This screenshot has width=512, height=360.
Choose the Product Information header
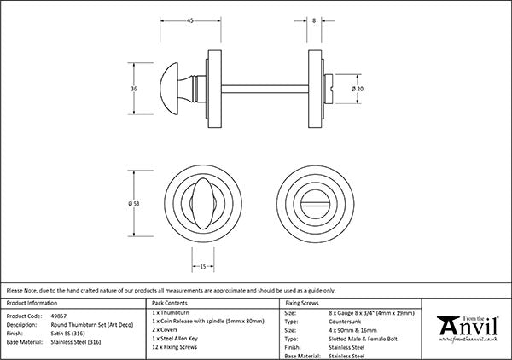click(x=31, y=303)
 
